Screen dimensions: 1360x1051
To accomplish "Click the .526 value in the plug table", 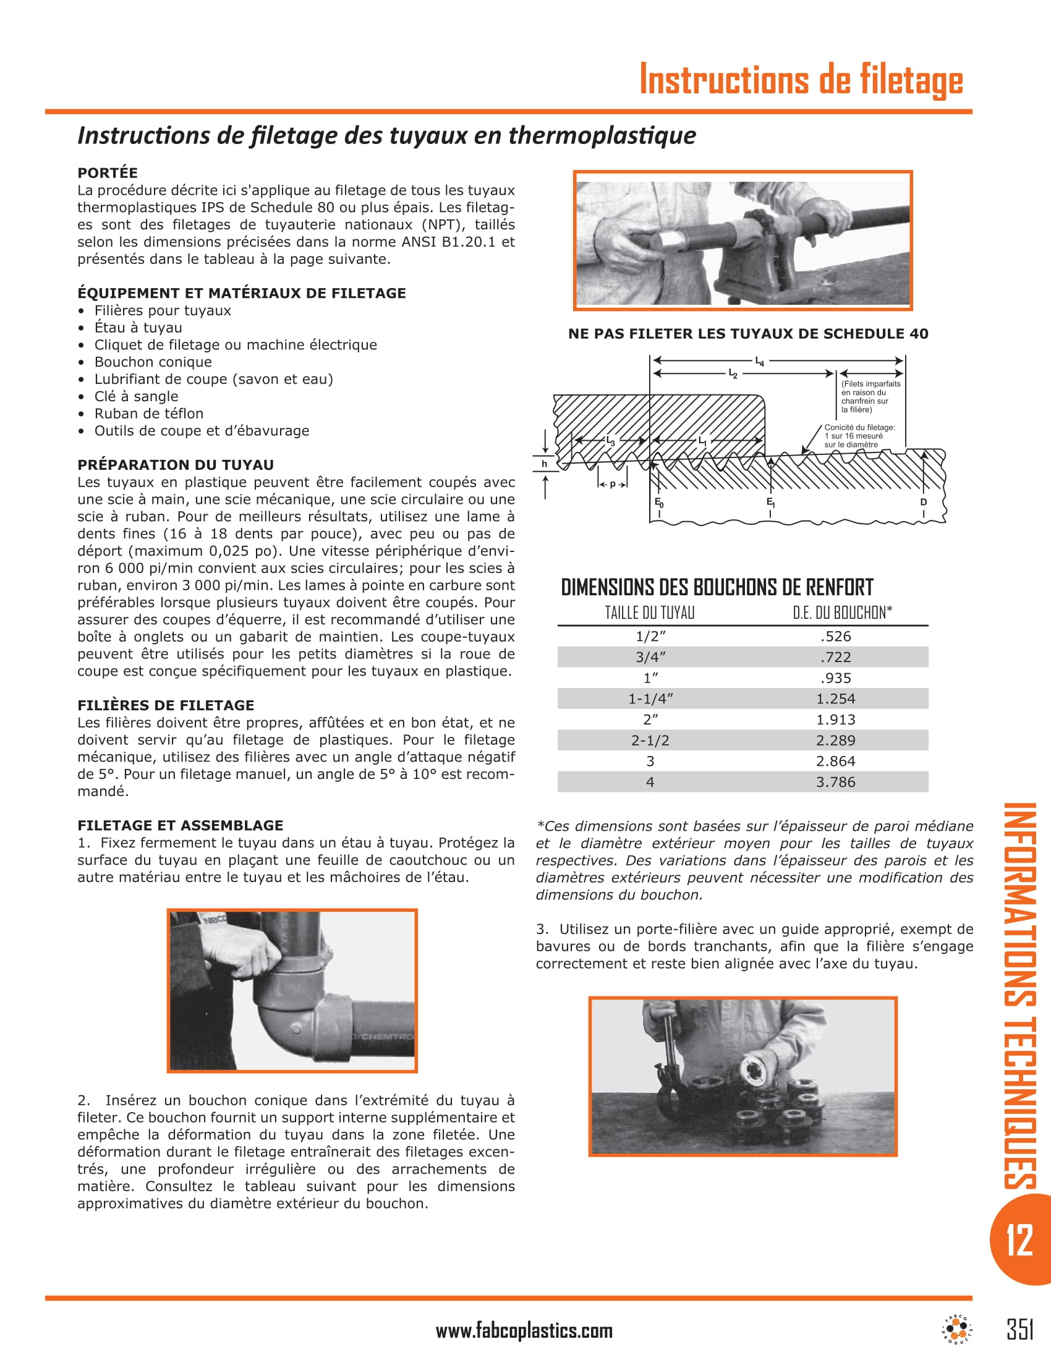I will [835, 636].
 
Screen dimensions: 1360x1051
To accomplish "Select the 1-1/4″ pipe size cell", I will [650, 699].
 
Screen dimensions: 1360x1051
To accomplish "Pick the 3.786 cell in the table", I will [835, 782].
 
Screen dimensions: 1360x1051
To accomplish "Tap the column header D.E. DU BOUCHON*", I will [842, 613].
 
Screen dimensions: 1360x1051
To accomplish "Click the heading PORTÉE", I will [107, 172].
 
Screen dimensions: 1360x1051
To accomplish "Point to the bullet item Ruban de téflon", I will [148, 414].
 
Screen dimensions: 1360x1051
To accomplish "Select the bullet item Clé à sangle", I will [136, 396].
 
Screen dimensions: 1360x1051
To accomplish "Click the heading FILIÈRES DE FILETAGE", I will [166, 705].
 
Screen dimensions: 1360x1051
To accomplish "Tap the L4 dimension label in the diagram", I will [760, 361].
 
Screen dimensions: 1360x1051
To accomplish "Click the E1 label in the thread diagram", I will [770, 502].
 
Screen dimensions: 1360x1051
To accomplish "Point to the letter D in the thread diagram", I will [924, 502].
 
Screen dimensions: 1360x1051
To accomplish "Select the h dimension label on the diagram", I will [544, 463].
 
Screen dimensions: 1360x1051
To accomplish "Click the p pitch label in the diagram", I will [613, 484].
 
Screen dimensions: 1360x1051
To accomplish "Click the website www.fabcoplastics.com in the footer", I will [524, 1331].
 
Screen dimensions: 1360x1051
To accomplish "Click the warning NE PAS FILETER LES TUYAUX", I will [748, 334].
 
